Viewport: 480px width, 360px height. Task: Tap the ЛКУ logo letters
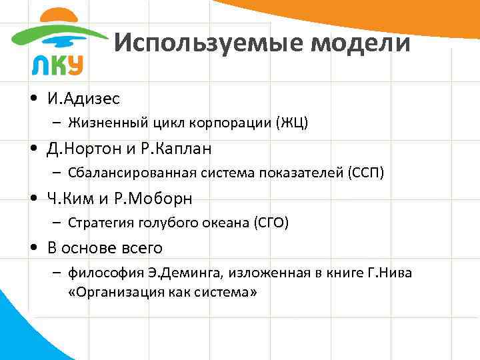57,65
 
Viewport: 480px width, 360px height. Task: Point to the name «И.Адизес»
83,99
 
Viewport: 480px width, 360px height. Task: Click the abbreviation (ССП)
366,173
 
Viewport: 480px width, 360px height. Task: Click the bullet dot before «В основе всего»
33,249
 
